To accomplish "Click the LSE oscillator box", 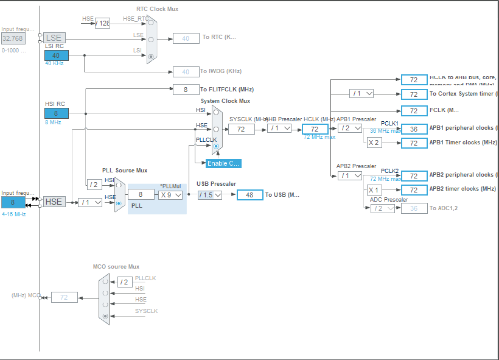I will (54, 38).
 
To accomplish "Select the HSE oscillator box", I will (54, 202).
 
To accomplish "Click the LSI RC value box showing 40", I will (56, 55).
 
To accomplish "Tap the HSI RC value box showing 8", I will (56, 113).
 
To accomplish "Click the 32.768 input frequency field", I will (13, 38).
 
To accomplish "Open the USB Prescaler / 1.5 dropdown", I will (209, 195).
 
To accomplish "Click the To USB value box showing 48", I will (249, 195).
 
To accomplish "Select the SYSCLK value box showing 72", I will (241, 129).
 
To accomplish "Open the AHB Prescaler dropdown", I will (279, 129).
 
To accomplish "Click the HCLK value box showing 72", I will (315, 129).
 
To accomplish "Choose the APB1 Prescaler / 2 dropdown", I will (350, 129).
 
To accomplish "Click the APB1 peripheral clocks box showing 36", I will (414, 129).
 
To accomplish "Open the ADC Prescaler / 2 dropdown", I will (382, 208).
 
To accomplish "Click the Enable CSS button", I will (223, 163).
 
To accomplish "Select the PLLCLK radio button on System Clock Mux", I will (216, 146).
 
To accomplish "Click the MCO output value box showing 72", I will (64, 297).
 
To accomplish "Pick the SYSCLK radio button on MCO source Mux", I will (106, 316).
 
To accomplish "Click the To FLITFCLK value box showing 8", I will (186, 90).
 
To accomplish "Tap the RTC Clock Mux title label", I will (157, 9).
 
